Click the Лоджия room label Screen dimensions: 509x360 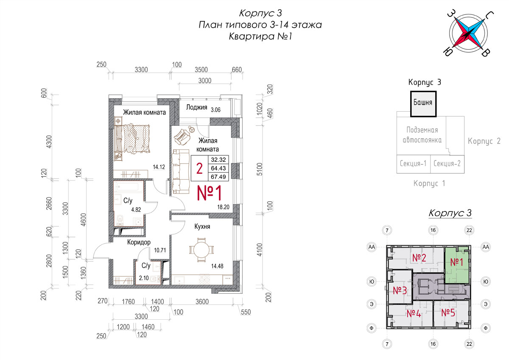point(196,107)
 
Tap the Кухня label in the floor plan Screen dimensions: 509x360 point(202,227)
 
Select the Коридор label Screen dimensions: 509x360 point(139,242)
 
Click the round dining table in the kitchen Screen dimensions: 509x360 point(201,250)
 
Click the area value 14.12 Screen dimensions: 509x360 point(159,167)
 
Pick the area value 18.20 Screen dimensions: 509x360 point(223,207)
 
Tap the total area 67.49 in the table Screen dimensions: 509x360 point(218,177)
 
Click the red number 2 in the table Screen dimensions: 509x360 point(199,169)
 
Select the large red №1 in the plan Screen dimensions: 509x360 point(209,193)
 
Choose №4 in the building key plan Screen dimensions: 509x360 point(414,314)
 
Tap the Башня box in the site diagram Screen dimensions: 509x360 point(423,104)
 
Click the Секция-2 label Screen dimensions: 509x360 point(447,163)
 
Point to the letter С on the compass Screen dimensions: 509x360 point(489,15)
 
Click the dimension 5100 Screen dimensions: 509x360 point(260,169)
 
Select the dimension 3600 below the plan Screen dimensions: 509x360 point(202,301)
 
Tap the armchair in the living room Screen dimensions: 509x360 point(182,137)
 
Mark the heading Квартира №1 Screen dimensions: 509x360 point(260,36)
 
